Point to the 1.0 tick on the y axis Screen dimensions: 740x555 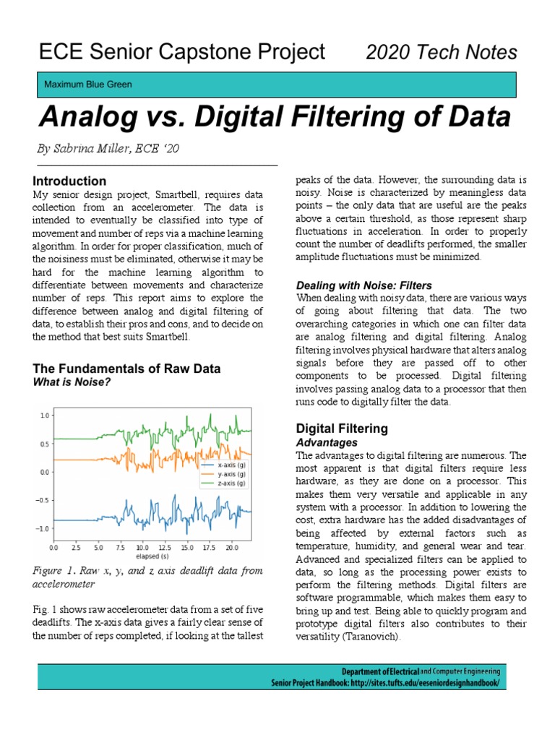click(44, 416)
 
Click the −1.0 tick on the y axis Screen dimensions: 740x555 click(43, 528)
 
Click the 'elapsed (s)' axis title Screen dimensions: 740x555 click(151, 557)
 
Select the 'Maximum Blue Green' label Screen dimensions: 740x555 click(88, 85)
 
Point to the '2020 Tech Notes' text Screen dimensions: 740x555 click(442, 52)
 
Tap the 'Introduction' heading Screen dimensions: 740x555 click(70, 181)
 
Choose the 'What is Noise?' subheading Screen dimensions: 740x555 click(72, 382)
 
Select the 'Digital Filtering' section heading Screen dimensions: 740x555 click(343, 428)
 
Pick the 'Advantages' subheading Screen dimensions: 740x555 click(327, 442)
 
